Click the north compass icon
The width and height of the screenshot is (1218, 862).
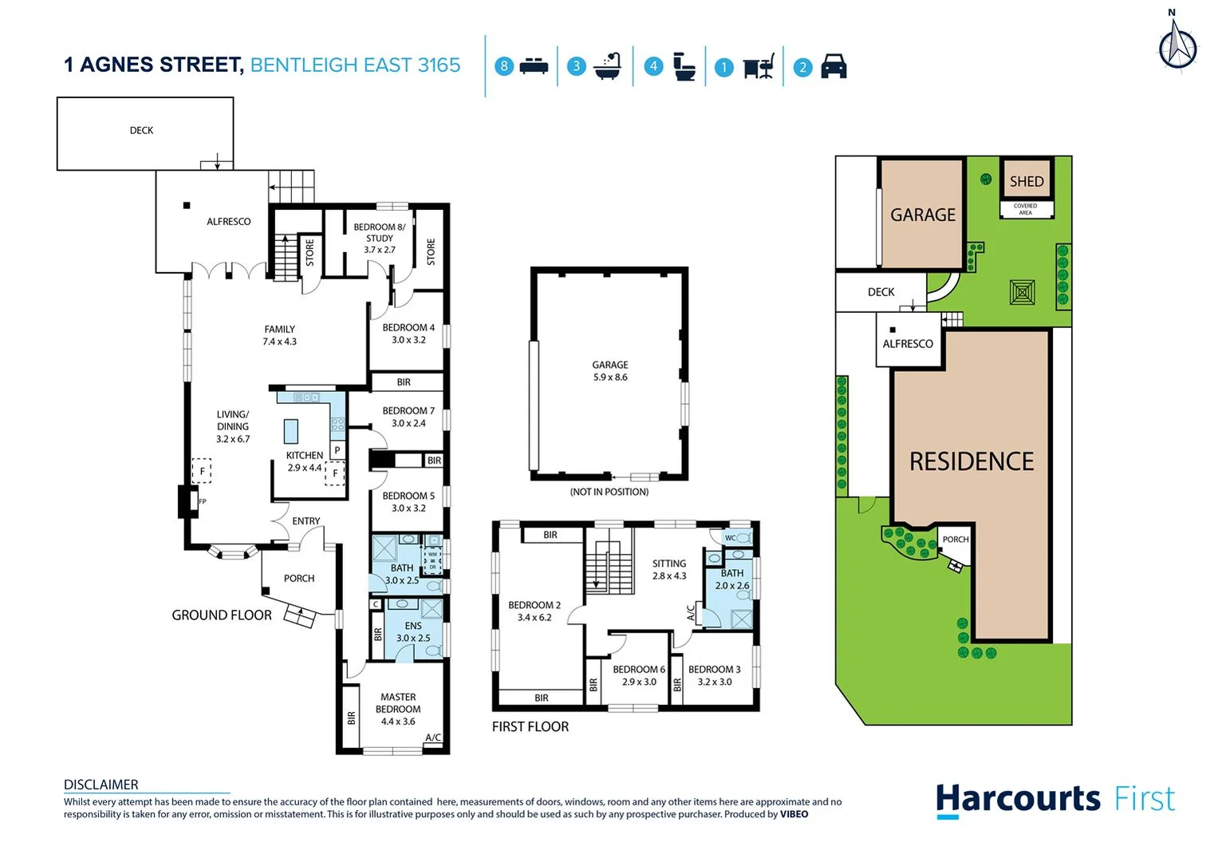click(x=1177, y=43)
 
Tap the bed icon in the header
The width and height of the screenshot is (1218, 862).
click(x=534, y=66)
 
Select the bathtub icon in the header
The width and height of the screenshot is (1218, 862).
click(x=608, y=66)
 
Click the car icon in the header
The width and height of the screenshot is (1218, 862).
click(x=834, y=66)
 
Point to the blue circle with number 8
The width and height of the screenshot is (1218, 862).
click(x=503, y=66)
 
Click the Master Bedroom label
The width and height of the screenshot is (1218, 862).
click(x=398, y=709)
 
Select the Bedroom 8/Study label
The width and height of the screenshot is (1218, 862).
click(x=380, y=238)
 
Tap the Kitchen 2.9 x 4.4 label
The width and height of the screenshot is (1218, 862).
click(x=305, y=461)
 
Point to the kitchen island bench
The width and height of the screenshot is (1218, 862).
click(x=291, y=431)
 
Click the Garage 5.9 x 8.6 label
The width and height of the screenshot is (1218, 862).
click(x=610, y=370)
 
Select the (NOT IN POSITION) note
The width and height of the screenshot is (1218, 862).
click(x=609, y=492)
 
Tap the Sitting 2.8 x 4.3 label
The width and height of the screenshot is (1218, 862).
click(x=669, y=569)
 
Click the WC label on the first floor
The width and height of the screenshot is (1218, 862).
click(x=730, y=538)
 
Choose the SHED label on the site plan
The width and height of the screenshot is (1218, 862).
click(x=1027, y=181)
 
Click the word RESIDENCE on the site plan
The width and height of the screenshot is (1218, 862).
click(x=972, y=461)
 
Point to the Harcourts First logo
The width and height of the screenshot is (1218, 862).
click(x=1054, y=799)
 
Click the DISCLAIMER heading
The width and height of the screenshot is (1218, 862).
click(x=101, y=785)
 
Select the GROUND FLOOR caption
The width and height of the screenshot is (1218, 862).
click(x=222, y=615)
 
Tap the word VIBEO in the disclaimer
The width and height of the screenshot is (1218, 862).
click(x=794, y=814)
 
